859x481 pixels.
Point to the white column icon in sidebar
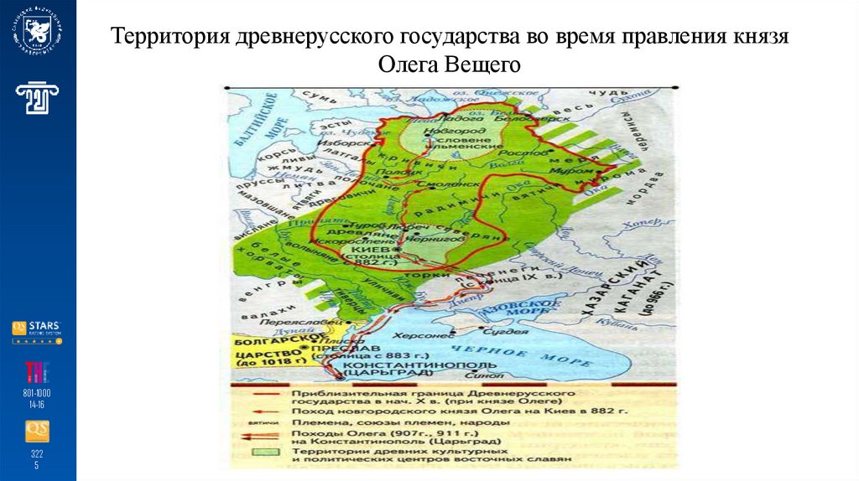coord(37,98)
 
